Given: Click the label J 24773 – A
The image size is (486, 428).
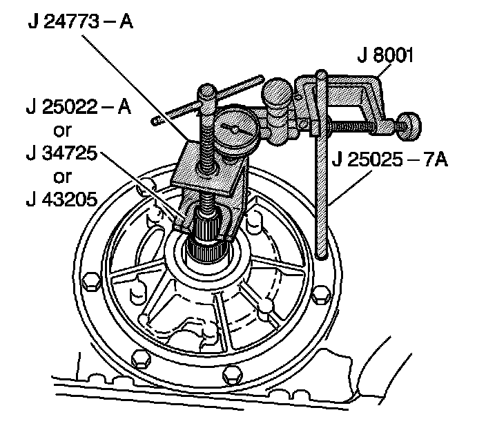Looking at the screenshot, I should coord(80,21).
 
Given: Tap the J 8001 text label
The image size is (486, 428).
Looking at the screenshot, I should coord(387,55).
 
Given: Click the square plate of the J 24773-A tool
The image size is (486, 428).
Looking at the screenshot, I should coord(207,173).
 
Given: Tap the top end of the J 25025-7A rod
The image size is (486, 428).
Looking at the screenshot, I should coord(320,73).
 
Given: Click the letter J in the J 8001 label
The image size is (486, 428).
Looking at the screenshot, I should coord(361,55).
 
